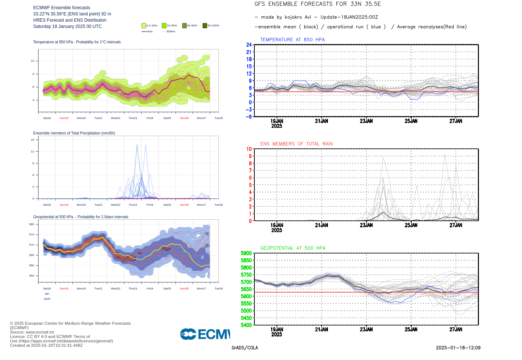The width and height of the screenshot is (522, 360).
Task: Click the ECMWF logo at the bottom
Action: (x=205, y=334)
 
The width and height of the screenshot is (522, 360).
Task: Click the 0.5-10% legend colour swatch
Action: (x=144, y=26)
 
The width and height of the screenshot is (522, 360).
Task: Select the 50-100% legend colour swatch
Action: (x=205, y=26)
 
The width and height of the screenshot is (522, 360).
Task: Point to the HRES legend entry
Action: (x=147, y=32)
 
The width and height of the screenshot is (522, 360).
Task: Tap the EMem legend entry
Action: (x=169, y=32)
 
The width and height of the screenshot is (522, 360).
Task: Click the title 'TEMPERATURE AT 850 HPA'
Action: (x=292, y=40)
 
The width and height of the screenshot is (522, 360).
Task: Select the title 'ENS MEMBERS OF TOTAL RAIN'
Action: (x=296, y=144)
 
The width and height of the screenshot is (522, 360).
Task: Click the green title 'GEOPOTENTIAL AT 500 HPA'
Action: (x=293, y=248)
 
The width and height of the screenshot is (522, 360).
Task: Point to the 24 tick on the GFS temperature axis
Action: (x=249, y=45)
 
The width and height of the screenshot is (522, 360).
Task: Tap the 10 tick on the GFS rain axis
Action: (x=249, y=149)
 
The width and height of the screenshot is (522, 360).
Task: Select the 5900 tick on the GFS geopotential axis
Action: (x=246, y=253)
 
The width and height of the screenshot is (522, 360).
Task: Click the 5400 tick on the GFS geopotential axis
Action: (x=246, y=325)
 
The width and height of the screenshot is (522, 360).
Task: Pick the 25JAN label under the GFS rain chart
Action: (x=411, y=225)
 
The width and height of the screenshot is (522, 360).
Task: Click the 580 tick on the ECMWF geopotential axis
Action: (x=32, y=224)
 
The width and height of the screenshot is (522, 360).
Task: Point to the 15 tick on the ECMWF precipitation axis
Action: (x=32, y=140)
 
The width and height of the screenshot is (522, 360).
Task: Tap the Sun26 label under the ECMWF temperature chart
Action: (x=184, y=118)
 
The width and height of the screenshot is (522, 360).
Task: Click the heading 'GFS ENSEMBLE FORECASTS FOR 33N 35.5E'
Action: (x=317, y=4)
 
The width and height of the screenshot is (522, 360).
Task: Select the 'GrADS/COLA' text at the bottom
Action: (x=245, y=348)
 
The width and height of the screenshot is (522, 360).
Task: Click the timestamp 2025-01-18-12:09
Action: (x=458, y=348)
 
